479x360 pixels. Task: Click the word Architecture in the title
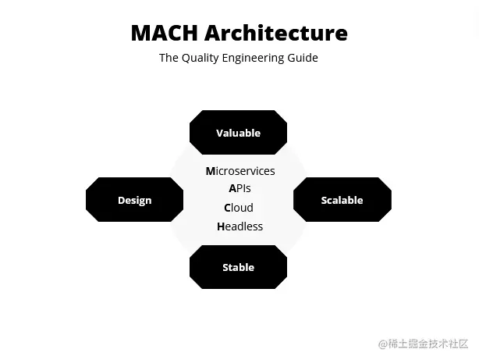pos(276,34)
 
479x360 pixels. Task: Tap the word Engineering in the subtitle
pos(260,58)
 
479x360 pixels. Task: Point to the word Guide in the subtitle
pos(303,58)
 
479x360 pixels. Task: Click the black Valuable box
pos(238,133)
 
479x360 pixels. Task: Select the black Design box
pos(134,200)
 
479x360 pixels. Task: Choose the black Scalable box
pos(342,200)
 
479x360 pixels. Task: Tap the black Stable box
pos(238,267)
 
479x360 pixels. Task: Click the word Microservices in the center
pos(240,171)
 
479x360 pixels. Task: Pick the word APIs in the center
pos(239,188)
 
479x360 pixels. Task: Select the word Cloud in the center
pos(239,208)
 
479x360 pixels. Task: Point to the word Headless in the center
pos(239,226)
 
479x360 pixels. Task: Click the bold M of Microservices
pos(211,171)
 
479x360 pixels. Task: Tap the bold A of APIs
pos(232,188)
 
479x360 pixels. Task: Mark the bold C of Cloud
pos(228,208)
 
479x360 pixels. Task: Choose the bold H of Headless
pos(221,226)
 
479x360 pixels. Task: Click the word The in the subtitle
pos(169,58)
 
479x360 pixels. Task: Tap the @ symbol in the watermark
pos(383,344)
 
